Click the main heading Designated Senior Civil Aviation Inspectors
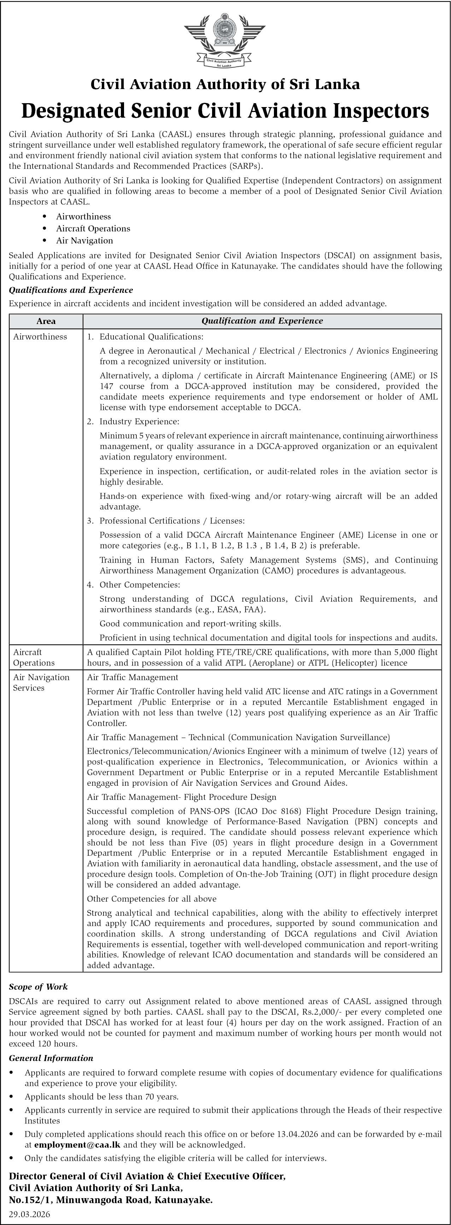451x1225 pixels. pos(225,111)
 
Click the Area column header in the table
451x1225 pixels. pos(46,321)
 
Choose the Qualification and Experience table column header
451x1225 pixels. pos(262,321)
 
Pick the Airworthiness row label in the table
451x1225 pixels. pos(40,337)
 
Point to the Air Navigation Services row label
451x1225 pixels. pos(41,682)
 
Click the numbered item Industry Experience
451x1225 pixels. pos(139,421)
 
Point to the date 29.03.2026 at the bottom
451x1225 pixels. pos(29,1214)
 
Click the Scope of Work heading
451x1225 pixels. pos(38,987)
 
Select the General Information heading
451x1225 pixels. pos(51,1058)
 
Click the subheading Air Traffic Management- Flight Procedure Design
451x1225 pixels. pos(181,797)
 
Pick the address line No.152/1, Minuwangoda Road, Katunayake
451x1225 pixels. pos(110,1200)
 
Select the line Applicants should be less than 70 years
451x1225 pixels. pos(101,1097)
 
